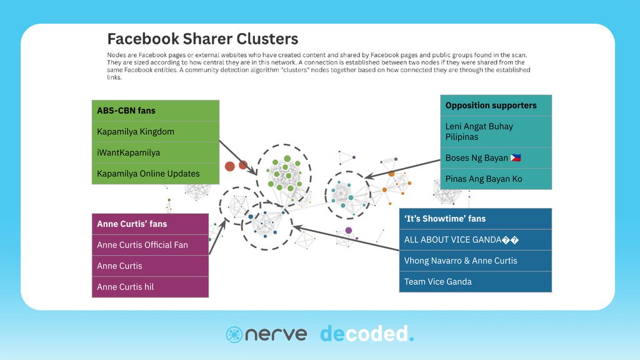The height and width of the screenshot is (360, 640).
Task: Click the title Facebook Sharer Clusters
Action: [x=202, y=39]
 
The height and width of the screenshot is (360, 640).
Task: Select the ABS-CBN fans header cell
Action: [x=156, y=111]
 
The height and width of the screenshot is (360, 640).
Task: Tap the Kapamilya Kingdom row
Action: [x=156, y=132]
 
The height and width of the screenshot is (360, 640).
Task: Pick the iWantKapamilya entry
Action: [x=156, y=152]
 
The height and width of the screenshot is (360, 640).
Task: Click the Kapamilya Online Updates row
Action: [x=156, y=174]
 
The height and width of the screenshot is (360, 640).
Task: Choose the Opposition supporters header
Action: [x=496, y=106]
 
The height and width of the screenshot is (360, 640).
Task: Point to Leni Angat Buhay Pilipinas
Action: [x=496, y=131]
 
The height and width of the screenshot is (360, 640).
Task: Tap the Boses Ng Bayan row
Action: [x=496, y=158]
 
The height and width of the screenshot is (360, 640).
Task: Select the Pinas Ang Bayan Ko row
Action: [x=496, y=179]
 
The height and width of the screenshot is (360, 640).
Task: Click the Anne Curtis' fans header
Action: [x=150, y=224]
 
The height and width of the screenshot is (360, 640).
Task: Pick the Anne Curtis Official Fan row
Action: [x=150, y=245]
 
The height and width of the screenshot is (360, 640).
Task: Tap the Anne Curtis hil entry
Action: [x=150, y=287]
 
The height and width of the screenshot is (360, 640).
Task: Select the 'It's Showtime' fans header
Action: [x=475, y=219]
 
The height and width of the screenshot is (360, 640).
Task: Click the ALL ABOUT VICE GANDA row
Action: [x=475, y=240]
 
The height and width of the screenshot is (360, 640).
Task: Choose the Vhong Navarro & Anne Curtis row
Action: [x=475, y=261]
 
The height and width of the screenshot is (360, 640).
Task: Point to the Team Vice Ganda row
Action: [x=475, y=282]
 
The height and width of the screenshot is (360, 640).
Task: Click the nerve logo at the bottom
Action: [x=266, y=334]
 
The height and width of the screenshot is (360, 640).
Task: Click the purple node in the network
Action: [x=348, y=231]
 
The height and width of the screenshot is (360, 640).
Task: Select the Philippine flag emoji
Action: [x=516, y=158]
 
